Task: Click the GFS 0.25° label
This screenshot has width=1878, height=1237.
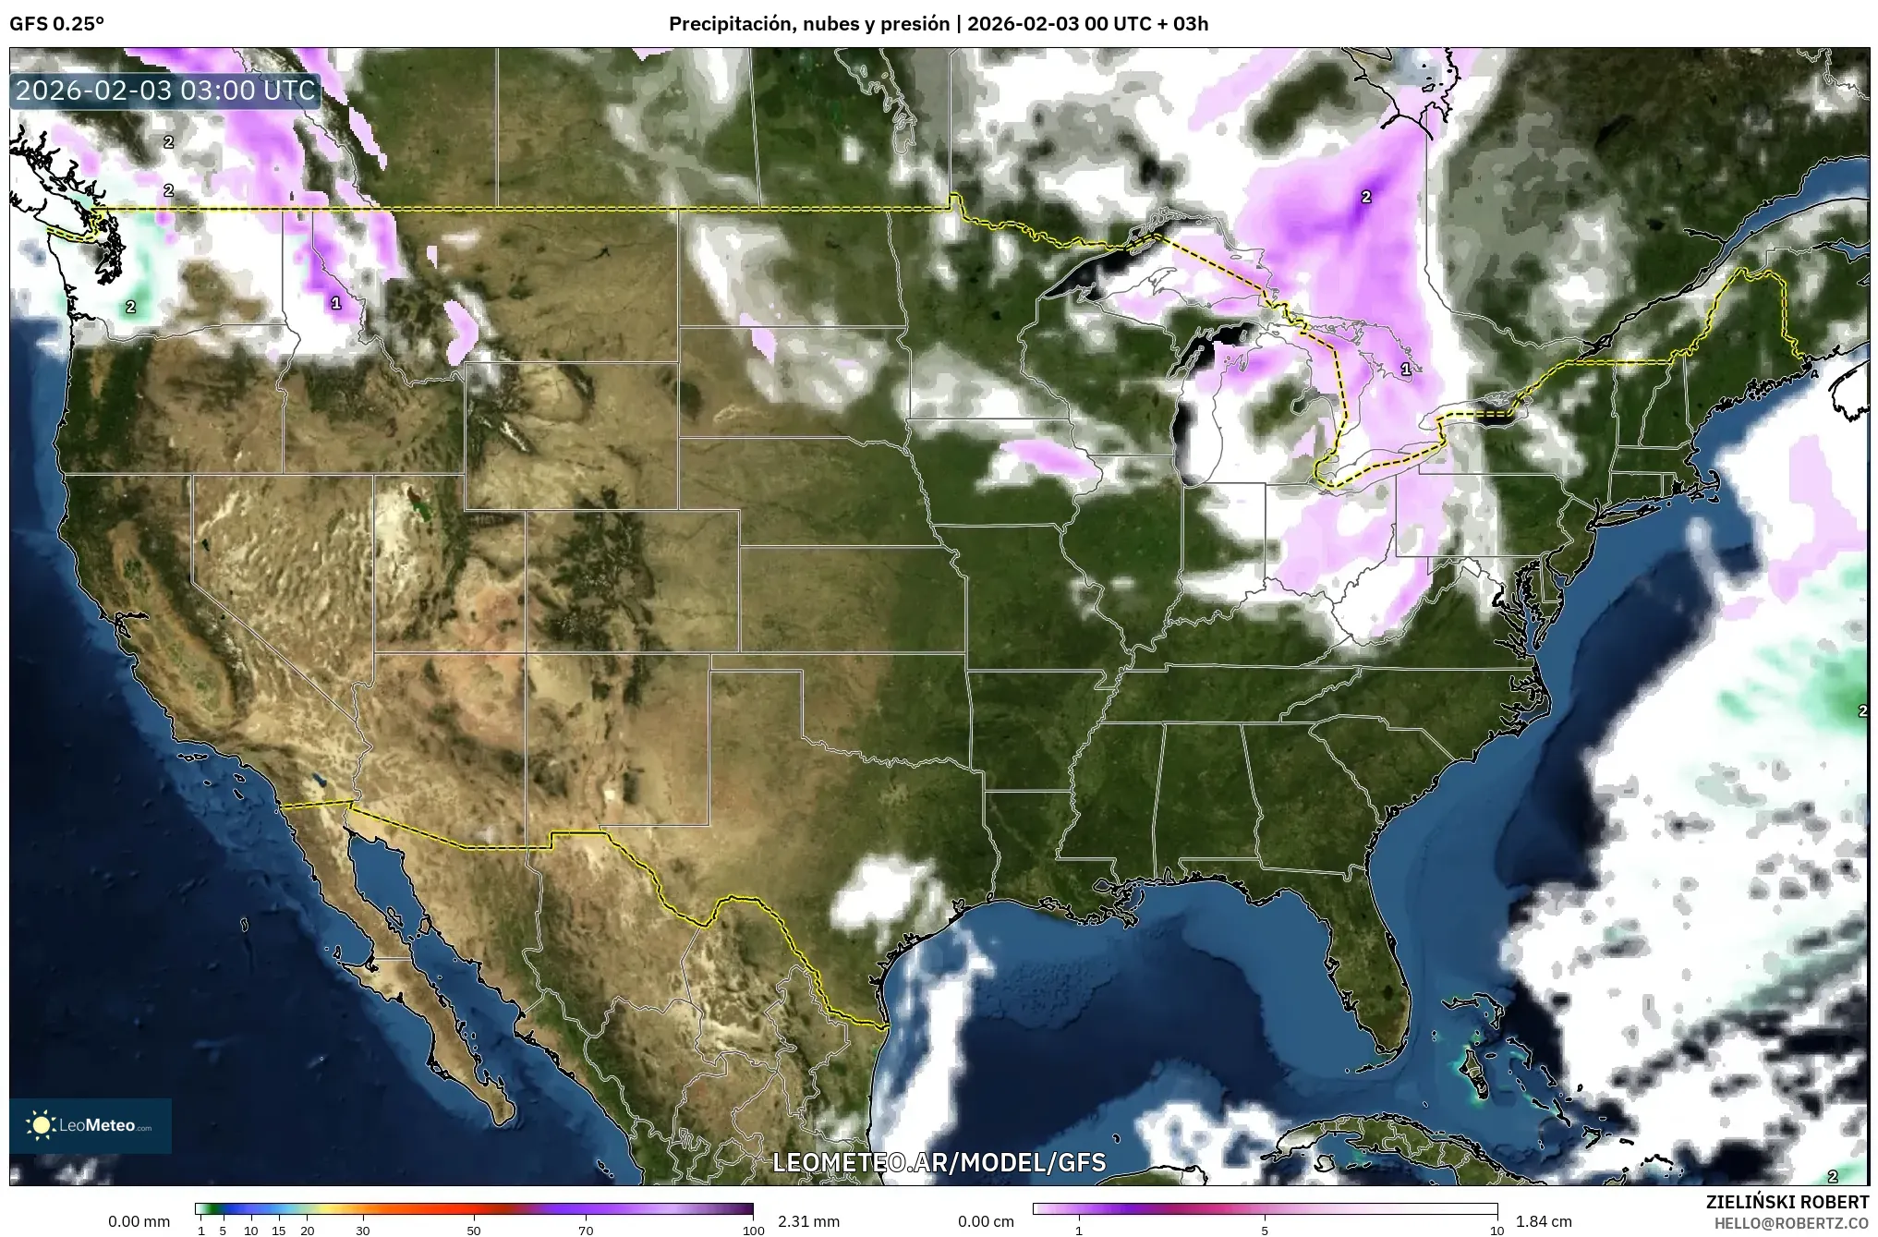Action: tap(56, 24)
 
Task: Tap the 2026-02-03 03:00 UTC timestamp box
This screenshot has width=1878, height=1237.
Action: tap(165, 91)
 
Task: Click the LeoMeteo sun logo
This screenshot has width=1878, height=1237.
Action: tap(41, 1125)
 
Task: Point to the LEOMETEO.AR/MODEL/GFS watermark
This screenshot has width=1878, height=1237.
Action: tap(939, 1162)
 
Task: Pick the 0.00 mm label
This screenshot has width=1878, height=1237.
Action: tap(139, 1221)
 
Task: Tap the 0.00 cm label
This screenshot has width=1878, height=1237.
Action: tap(986, 1221)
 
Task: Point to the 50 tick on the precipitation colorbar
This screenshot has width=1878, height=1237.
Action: tap(474, 1231)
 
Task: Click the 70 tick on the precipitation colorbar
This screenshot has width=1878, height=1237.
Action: tap(586, 1231)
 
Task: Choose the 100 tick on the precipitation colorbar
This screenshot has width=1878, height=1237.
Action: tap(753, 1231)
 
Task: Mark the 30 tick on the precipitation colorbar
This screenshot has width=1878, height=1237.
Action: tap(363, 1231)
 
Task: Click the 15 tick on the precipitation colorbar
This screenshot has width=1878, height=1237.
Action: tap(279, 1231)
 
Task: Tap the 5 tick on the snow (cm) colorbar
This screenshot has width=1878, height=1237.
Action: tap(1265, 1231)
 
